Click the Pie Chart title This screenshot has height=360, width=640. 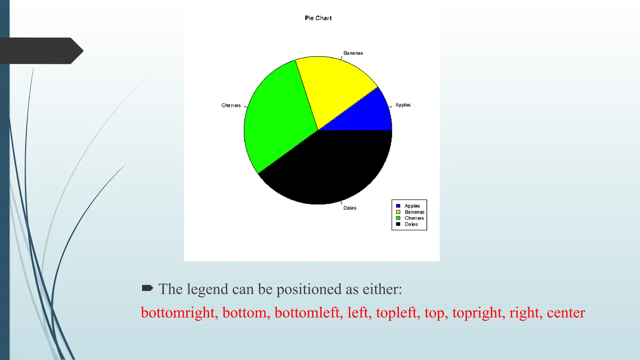[x=318, y=18]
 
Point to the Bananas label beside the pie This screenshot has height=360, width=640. [x=353, y=53]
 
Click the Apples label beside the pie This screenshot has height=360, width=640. [x=403, y=105]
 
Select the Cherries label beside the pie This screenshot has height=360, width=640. [x=231, y=106]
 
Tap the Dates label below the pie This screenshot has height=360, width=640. [x=350, y=208]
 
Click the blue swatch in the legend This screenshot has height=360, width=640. [x=398, y=206]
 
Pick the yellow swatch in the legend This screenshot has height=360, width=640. [x=398, y=212]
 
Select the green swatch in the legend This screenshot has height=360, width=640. [x=398, y=218]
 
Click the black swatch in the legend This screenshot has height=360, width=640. [x=398, y=224]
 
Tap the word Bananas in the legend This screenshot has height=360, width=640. [x=414, y=212]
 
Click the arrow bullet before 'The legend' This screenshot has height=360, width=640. [x=147, y=288]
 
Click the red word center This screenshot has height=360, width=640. [x=566, y=312]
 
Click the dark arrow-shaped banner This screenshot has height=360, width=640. [x=41, y=51]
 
